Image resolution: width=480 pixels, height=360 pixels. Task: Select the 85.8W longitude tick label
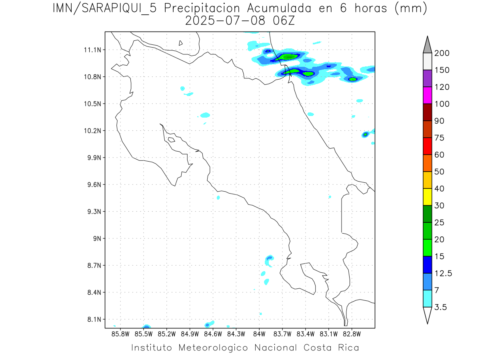121,334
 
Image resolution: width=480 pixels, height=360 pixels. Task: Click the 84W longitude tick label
259,334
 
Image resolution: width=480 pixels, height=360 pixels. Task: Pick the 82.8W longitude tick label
352,334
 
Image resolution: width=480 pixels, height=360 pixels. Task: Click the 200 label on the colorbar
442,53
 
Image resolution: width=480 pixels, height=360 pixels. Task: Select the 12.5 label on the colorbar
443,273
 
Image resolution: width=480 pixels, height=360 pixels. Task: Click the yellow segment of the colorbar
427,197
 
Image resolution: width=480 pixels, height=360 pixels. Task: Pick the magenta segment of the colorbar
427,95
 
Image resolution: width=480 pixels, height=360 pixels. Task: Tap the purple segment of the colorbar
427,78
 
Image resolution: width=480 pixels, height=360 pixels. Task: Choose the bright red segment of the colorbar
427,146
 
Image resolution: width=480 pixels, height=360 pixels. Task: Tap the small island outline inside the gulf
171,140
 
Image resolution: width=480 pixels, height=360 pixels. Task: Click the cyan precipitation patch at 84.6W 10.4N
205,115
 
